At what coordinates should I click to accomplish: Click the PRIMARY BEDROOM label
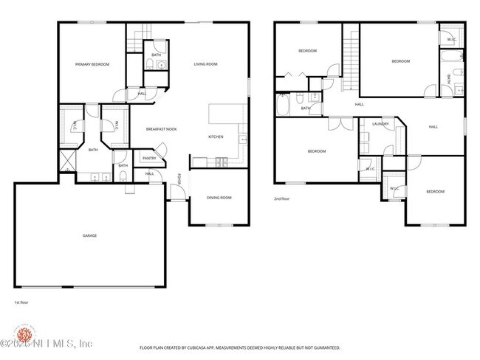point(92,65)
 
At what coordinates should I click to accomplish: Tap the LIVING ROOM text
point(205,65)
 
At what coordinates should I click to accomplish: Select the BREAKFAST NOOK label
point(161,129)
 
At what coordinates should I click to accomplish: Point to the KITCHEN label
point(216,137)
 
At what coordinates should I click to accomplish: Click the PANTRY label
point(148,158)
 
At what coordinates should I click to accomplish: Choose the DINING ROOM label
point(219,197)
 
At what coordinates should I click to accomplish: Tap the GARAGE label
point(89,235)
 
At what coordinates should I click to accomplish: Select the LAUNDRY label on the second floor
point(380,124)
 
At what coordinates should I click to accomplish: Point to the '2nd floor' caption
point(283,198)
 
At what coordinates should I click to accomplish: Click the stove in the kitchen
point(219,162)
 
